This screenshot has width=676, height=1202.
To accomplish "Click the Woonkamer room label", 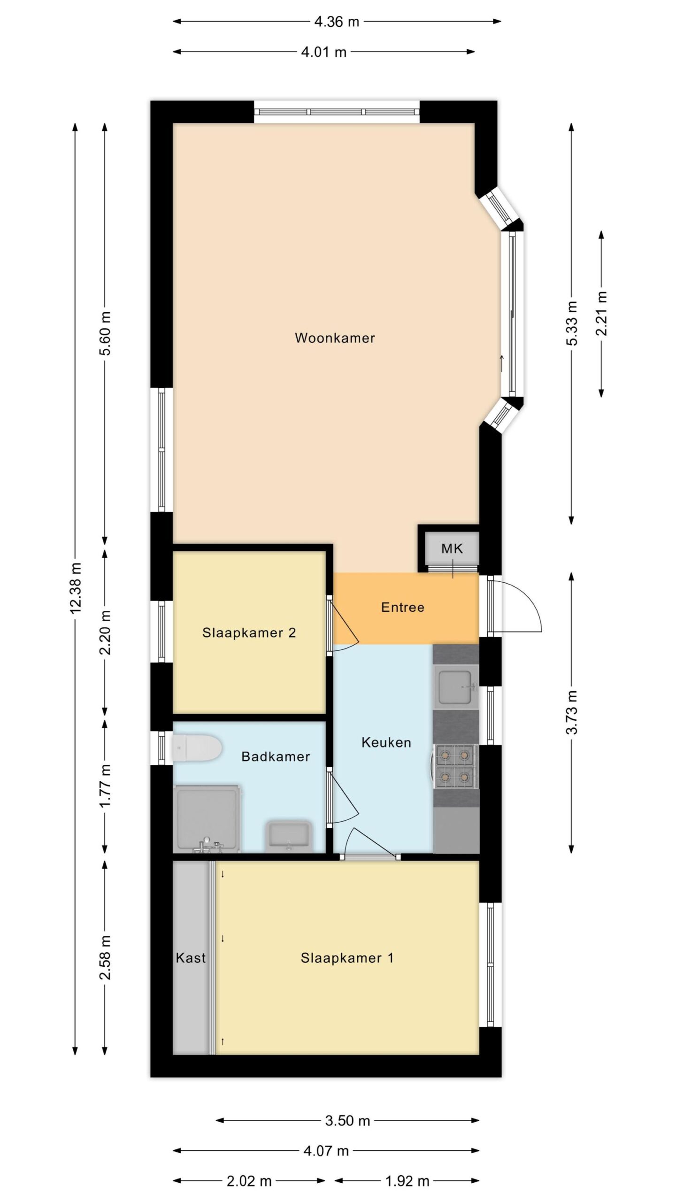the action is [x=335, y=338].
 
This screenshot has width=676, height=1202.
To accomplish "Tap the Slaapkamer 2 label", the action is [x=249, y=632].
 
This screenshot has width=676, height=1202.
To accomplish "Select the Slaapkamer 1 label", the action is [x=347, y=958].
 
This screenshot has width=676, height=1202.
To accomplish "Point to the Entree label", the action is [x=403, y=607].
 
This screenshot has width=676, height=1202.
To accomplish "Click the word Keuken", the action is [x=386, y=742].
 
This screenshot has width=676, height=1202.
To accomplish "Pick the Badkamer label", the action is [x=276, y=756].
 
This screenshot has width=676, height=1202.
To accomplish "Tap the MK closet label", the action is [x=452, y=548].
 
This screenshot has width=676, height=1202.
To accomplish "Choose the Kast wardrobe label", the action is [x=191, y=957].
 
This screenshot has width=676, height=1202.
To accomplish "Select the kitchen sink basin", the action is [x=454, y=687].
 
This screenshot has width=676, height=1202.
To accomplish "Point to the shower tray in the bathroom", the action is [x=207, y=818].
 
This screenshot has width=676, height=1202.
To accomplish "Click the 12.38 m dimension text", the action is [x=76, y=588].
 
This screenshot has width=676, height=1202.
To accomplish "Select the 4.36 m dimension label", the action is [x=337, y=22].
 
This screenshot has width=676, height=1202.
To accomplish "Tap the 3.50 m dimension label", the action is [x=348, y=1121].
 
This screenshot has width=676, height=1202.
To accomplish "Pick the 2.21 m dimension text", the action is [x=601, y=314].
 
